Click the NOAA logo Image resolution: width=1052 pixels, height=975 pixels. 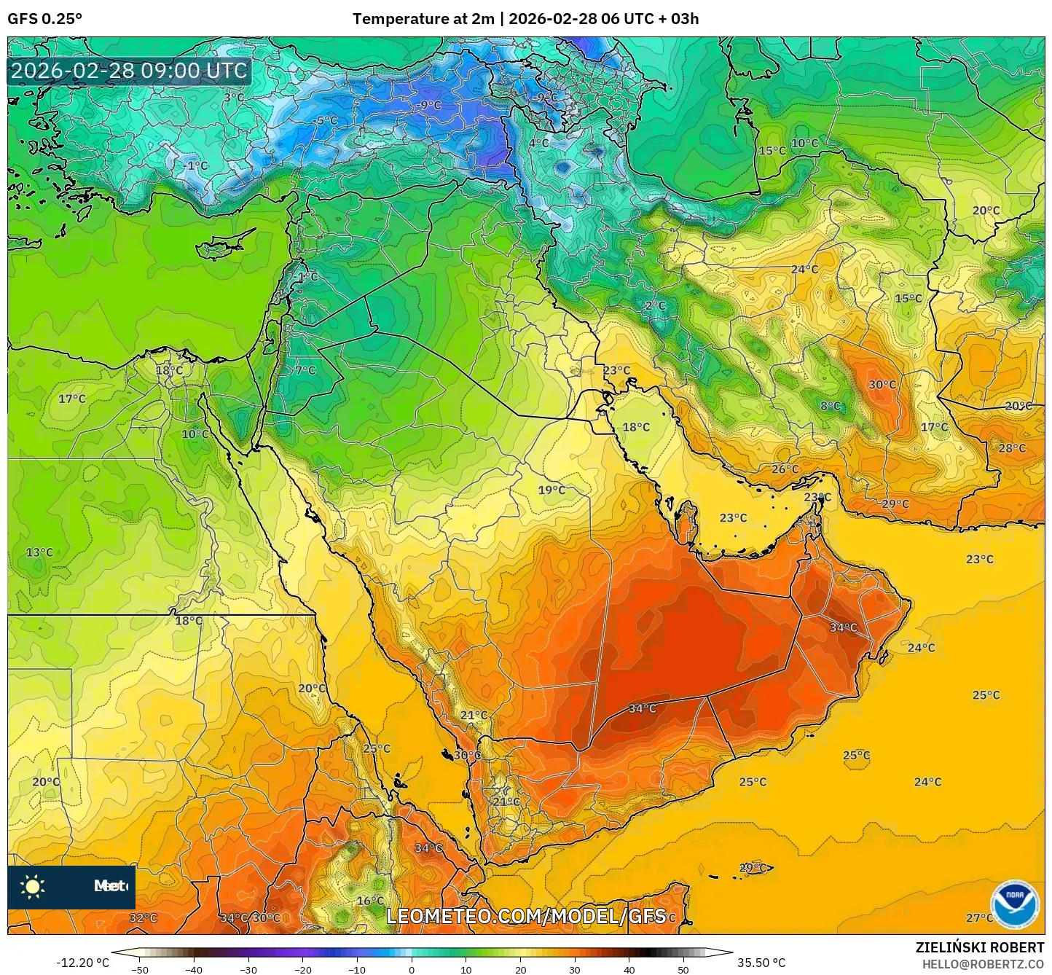click(x=1015, y=904)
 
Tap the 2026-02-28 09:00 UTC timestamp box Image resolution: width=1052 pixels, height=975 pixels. click(x=129, y=71)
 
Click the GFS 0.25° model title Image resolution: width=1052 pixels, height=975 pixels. click(x=44, y=19)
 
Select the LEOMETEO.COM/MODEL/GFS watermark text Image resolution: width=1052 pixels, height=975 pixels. click(x=526, y=916)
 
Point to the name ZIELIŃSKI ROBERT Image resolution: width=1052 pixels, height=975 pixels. click(x=979, y=947)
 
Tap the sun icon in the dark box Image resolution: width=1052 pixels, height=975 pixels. click(x=33, y=887)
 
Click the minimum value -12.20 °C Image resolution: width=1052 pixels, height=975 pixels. click(x=82, y=963)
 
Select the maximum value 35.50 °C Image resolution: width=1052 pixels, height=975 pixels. click(x=761, y=963)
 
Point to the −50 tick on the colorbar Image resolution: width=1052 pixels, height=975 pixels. click(x=139, y=969)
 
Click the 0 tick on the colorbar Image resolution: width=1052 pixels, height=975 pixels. click(x=412, y=969)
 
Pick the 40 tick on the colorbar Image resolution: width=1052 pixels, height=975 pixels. click(x=629, y=969)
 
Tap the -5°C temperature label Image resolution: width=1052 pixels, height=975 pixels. click(x=325, y=121)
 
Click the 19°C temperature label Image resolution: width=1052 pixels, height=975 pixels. click(x=551, y=490)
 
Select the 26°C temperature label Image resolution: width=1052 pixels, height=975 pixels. click(x=785, y=469)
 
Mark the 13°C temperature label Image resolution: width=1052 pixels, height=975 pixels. click(x=39, y=552)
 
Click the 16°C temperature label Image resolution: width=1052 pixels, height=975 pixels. click(x=370, y=901)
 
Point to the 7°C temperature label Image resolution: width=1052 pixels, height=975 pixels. click(x=305, y=370)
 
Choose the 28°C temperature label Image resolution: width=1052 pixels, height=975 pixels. click(x=1012, y=448)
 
